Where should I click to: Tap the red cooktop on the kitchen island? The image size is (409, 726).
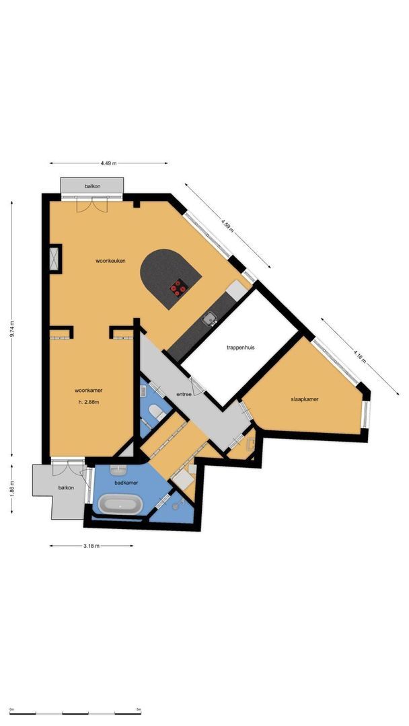tap(178, 288)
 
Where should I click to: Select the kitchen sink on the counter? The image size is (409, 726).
tap(211, 319)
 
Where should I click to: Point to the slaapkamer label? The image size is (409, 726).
tap(305, 399)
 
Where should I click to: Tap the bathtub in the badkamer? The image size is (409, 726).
tap(120, 504)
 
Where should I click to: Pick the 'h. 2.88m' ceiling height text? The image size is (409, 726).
tap(89, 403)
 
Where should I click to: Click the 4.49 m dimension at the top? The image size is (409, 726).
tap(108, 163)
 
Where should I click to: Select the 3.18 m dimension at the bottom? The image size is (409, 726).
tap(91, 546)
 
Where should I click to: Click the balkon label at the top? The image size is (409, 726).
tap(92, 186)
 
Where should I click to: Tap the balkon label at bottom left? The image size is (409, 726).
tap(65, 488)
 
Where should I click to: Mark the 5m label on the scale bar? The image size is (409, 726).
tap(139, 709)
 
